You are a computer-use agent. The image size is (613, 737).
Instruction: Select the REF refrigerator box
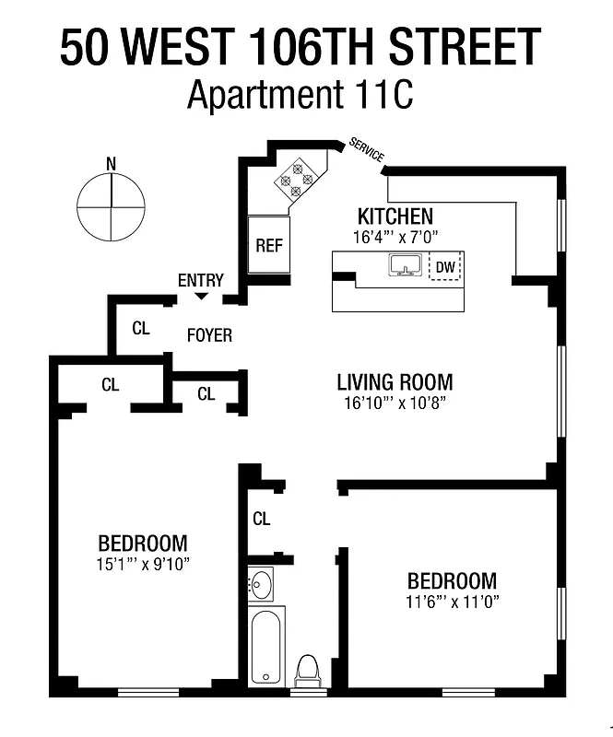click(268, 246)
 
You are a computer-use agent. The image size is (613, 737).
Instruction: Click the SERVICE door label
click(367, 151)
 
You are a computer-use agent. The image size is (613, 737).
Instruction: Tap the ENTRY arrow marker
click(201, 295)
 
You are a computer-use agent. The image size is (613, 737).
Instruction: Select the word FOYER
click(209, 335)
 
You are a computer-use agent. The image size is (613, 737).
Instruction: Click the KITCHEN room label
click(395, 216)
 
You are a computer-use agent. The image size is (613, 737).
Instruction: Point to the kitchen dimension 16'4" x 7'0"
click(395, 237)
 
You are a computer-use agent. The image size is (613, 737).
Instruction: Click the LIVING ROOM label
click(395, 382)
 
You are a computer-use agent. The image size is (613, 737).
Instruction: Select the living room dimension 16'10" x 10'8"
click(395, 403)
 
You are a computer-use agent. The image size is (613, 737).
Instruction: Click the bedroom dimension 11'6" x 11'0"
click(452, 602)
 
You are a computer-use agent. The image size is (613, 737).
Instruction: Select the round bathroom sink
click(262, 583)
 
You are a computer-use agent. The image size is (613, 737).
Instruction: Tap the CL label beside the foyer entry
click(140, 327)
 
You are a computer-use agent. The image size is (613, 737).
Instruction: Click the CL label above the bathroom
click(261, 519)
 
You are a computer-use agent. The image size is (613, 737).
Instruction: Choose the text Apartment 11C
click(300, 95)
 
